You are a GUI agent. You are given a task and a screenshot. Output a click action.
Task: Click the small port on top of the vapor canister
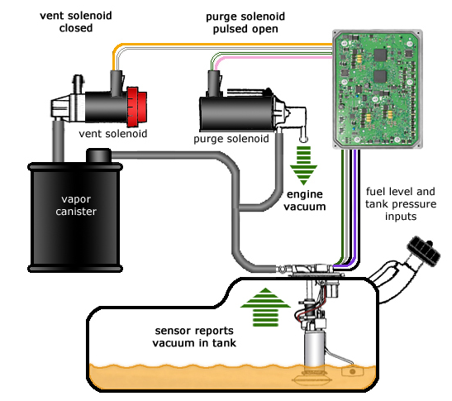click(100, 155)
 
